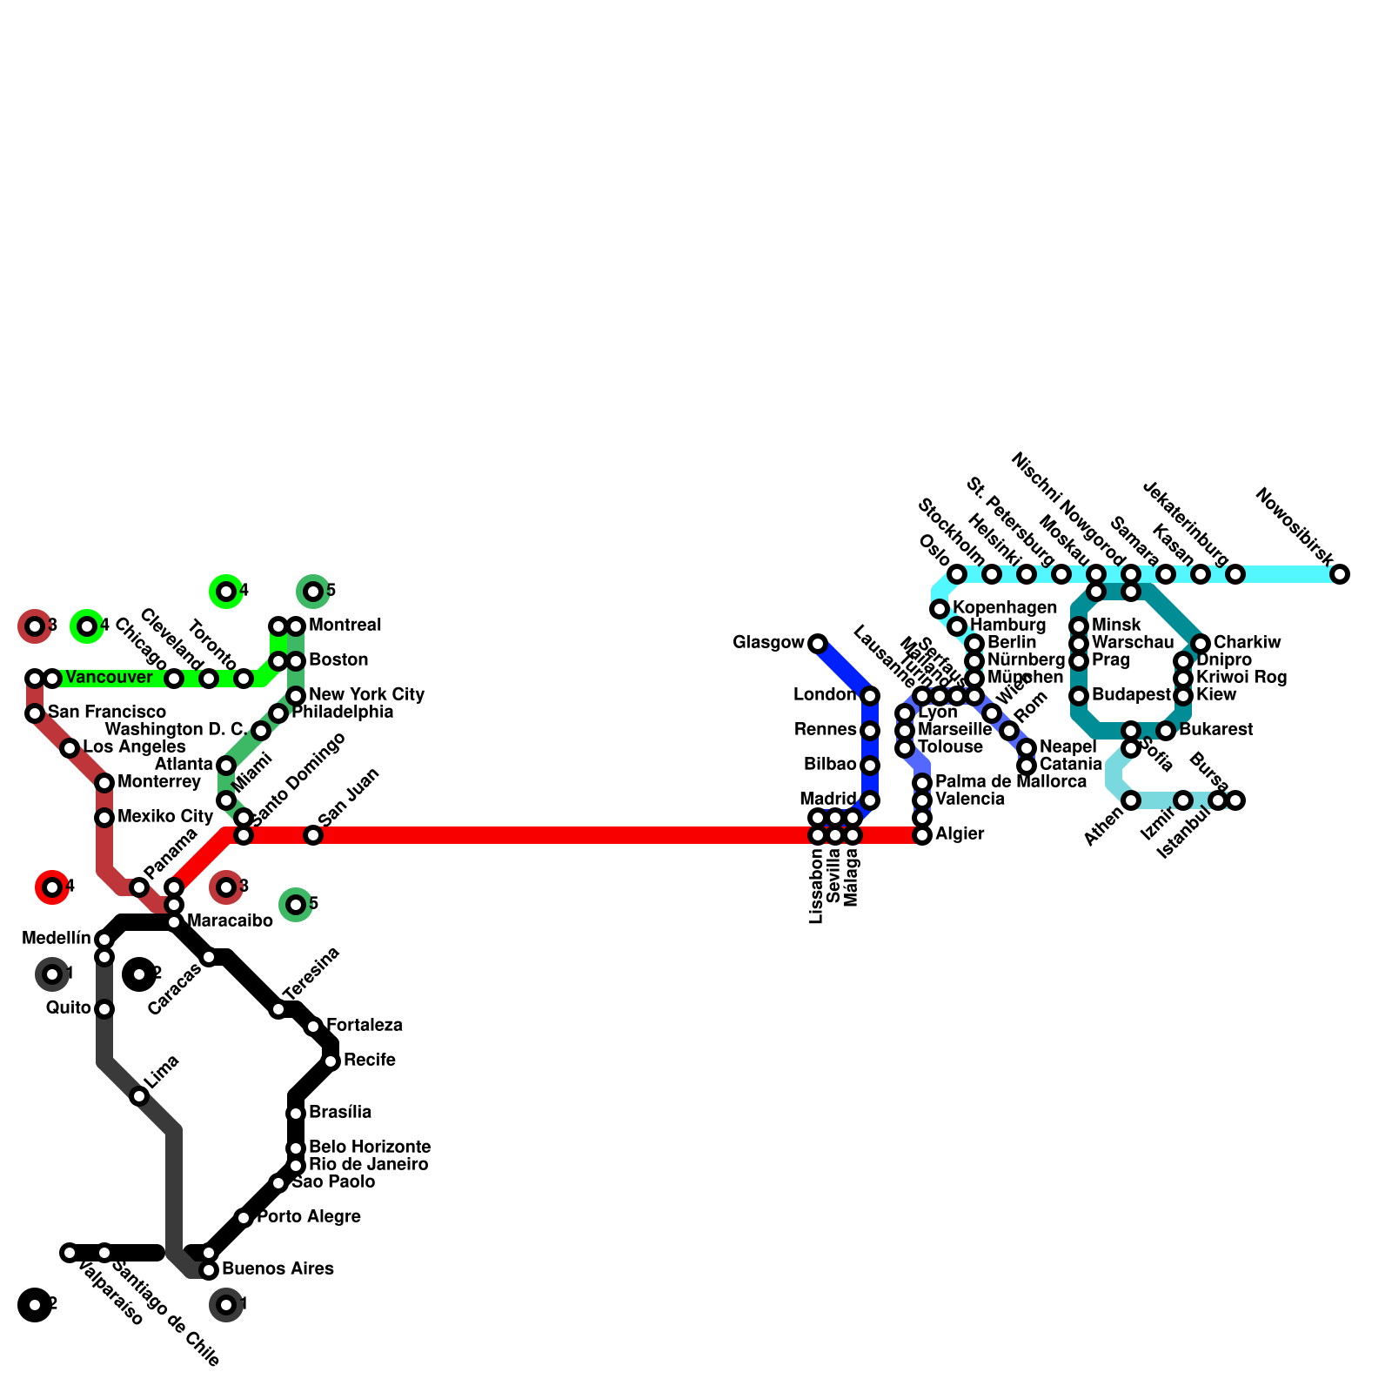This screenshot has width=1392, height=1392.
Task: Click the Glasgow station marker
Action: coord(818,644)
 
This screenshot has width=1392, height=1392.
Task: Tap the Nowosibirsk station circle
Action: coord(1340,574)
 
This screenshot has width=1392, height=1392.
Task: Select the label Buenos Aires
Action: coord(278,1269)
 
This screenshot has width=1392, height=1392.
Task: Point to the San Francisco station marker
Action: coord(35,713)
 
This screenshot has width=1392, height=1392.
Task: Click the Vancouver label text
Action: coord(109,678)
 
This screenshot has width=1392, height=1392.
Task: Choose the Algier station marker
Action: coord(922,835)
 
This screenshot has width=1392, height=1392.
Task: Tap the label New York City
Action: coord(366,695)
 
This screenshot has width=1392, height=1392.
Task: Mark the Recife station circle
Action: coord(331,1061)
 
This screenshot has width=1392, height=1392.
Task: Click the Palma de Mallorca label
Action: coord(1010,782)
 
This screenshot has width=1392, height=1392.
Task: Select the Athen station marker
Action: coord(1131,800)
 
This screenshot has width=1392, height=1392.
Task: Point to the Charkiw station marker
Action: coord(1201,644)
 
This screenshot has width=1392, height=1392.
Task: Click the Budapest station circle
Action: coord(1079,696)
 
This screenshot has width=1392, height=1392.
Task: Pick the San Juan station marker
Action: coord(313,835)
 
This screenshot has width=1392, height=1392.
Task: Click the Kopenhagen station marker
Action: coord(940,609)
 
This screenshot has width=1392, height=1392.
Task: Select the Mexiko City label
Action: coord(165,817)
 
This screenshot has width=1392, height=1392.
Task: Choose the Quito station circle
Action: coord(104,1009)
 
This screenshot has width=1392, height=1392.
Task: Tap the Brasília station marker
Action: coord(296,1114)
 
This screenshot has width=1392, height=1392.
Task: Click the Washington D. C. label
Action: coord(176,730)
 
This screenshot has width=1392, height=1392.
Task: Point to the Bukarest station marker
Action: coord(1166,731)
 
